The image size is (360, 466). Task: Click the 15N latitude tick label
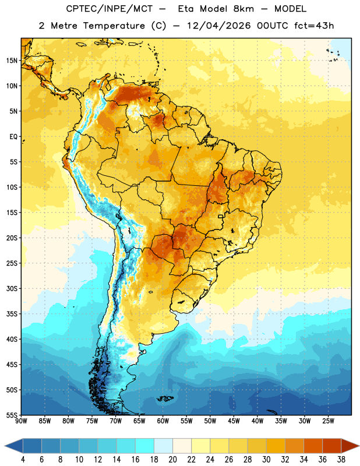click(12, 61)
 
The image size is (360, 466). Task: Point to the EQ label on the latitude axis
click(13, 137)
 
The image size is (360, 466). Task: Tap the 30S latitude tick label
click(12, 288)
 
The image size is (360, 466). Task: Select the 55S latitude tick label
click(12, 415)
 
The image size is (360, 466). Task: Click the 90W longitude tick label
click(21, 421)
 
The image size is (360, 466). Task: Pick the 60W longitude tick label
click(163, 421)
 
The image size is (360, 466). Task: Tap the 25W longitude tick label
click(328, 421)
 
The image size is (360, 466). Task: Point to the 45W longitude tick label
click(234, 421)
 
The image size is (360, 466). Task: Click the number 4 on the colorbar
click(23, 460)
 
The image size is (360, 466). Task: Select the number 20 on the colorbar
click(172, 460)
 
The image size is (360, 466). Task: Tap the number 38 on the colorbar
click(341, 460)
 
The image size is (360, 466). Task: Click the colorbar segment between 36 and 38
click(332, 446)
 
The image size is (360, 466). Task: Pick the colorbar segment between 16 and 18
click(145, 446)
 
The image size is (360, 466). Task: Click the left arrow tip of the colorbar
click(5, 446)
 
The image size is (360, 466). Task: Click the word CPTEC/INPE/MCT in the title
click(109, 9)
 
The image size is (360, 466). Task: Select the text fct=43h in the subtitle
click(314, 26)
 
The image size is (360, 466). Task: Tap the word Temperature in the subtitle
click(114, 26)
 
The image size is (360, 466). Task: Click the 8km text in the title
click(243, 9)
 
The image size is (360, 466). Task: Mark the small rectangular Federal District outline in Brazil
click(221, 216)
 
